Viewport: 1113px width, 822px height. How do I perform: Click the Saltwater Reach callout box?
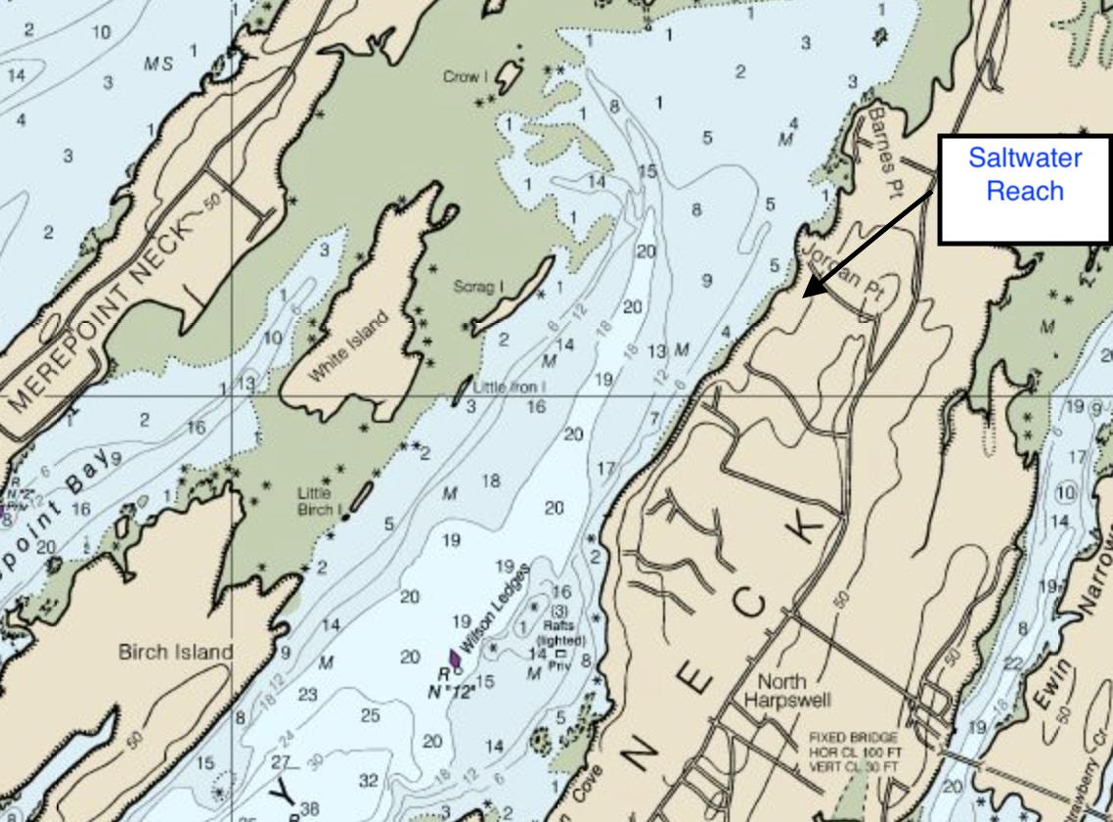tap(1024, 189)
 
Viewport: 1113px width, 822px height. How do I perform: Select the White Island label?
tap(348, 347)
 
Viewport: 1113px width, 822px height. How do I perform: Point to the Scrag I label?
tap(478, 287)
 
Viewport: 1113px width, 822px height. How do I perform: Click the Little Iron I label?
tap(509, 388)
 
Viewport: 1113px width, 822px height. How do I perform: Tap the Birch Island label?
tap(176, 652)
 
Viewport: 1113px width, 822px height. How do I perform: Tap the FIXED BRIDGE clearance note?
tap(852, 752)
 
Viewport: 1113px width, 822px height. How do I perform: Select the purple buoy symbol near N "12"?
tap(454, 658)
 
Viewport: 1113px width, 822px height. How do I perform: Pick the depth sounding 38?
tap(309, 809)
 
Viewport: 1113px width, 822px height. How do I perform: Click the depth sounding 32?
tap(368, 780)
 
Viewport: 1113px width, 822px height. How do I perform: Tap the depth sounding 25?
tap(370, 716)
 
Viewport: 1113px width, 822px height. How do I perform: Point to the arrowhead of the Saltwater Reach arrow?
tap(806, 294)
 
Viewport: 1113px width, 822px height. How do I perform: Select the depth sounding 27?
tap(282, 761)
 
